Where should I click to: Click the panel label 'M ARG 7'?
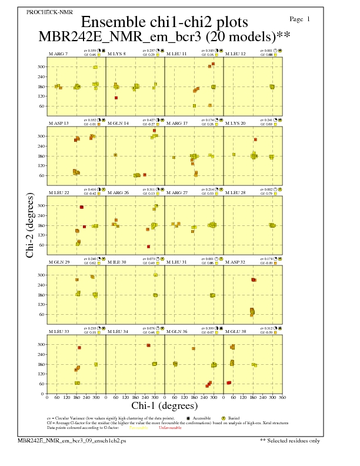(58, 54)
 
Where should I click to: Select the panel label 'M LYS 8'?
(116, 54)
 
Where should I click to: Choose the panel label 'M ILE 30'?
(116, 262)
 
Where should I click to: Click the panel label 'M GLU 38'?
(236, 331)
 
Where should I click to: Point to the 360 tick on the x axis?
(282, 397)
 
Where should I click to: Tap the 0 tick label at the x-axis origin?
(47, 397)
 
